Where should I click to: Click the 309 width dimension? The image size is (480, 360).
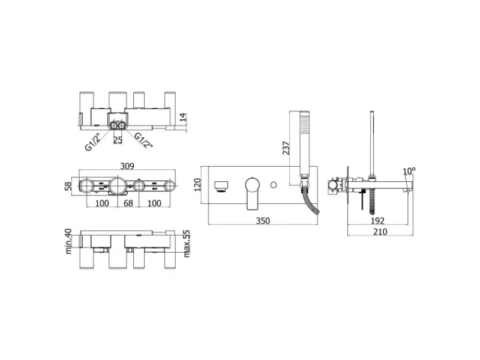pyautogui.click(x=127, y=166)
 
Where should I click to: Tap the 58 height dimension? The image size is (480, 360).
pyautogui.click(x=68, y=186)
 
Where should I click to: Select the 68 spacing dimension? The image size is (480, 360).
pyautogui.click(x=128, y=203)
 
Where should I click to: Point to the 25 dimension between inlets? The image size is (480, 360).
pyautogui.click(x=118, y=140)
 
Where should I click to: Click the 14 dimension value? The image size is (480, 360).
pyautogui.click(x=183, y=117)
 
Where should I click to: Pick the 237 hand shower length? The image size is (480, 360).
pyautogui.click(x=286, y=148)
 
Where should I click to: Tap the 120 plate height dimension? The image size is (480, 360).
pyautogui.click(x=198, y=185)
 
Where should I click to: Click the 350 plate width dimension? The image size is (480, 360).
pyautogui.click(x=263, y=221)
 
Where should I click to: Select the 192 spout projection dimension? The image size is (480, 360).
pyautogui.click(x=377, y=221)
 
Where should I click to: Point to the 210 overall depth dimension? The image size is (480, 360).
pyautogui.click(x=380, y=232)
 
